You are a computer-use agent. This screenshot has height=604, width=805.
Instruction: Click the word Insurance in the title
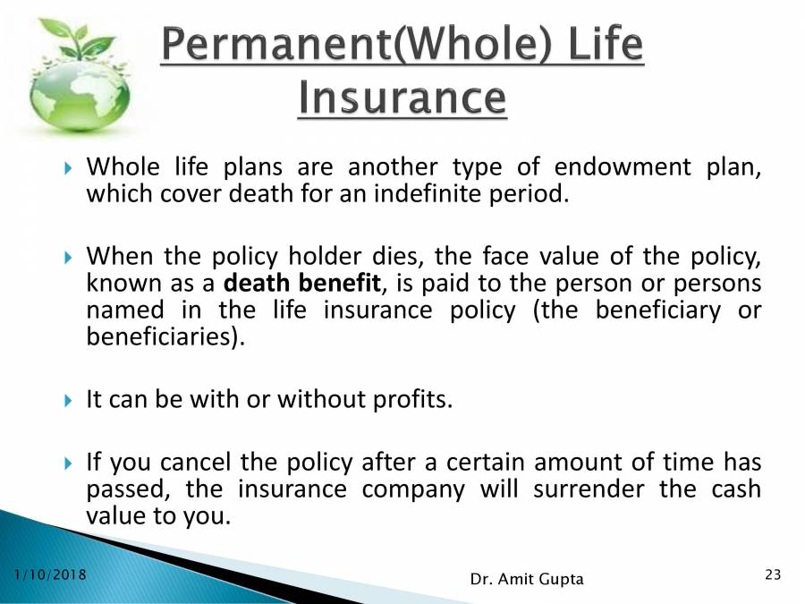tap(402, 98)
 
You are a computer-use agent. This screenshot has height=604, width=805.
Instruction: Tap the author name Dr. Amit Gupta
tap(526, 579)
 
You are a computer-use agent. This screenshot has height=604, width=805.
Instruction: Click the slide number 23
tap(773, 574)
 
